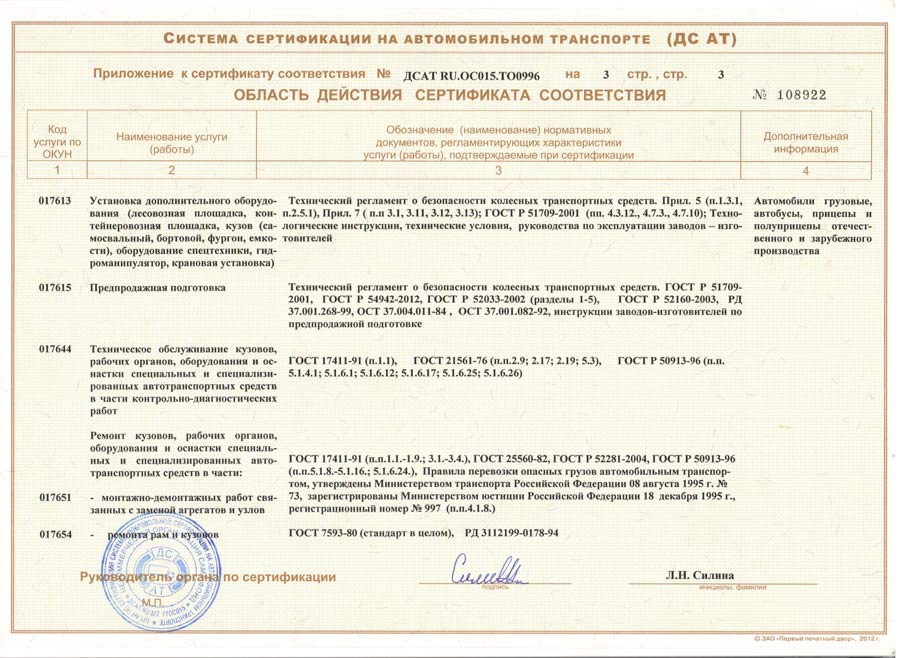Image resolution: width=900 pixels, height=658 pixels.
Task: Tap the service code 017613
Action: tap(55, 201)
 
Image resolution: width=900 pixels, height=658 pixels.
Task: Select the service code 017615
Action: tap(55, 287)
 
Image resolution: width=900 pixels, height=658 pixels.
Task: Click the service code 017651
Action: tap(55, 496)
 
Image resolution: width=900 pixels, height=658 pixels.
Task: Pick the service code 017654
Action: tap(55, 535)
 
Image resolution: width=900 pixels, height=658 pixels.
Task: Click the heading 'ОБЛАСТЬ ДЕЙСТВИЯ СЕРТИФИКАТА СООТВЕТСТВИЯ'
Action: tap(449, 96)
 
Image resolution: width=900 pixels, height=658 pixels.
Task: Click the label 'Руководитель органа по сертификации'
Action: tap(208, 577)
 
